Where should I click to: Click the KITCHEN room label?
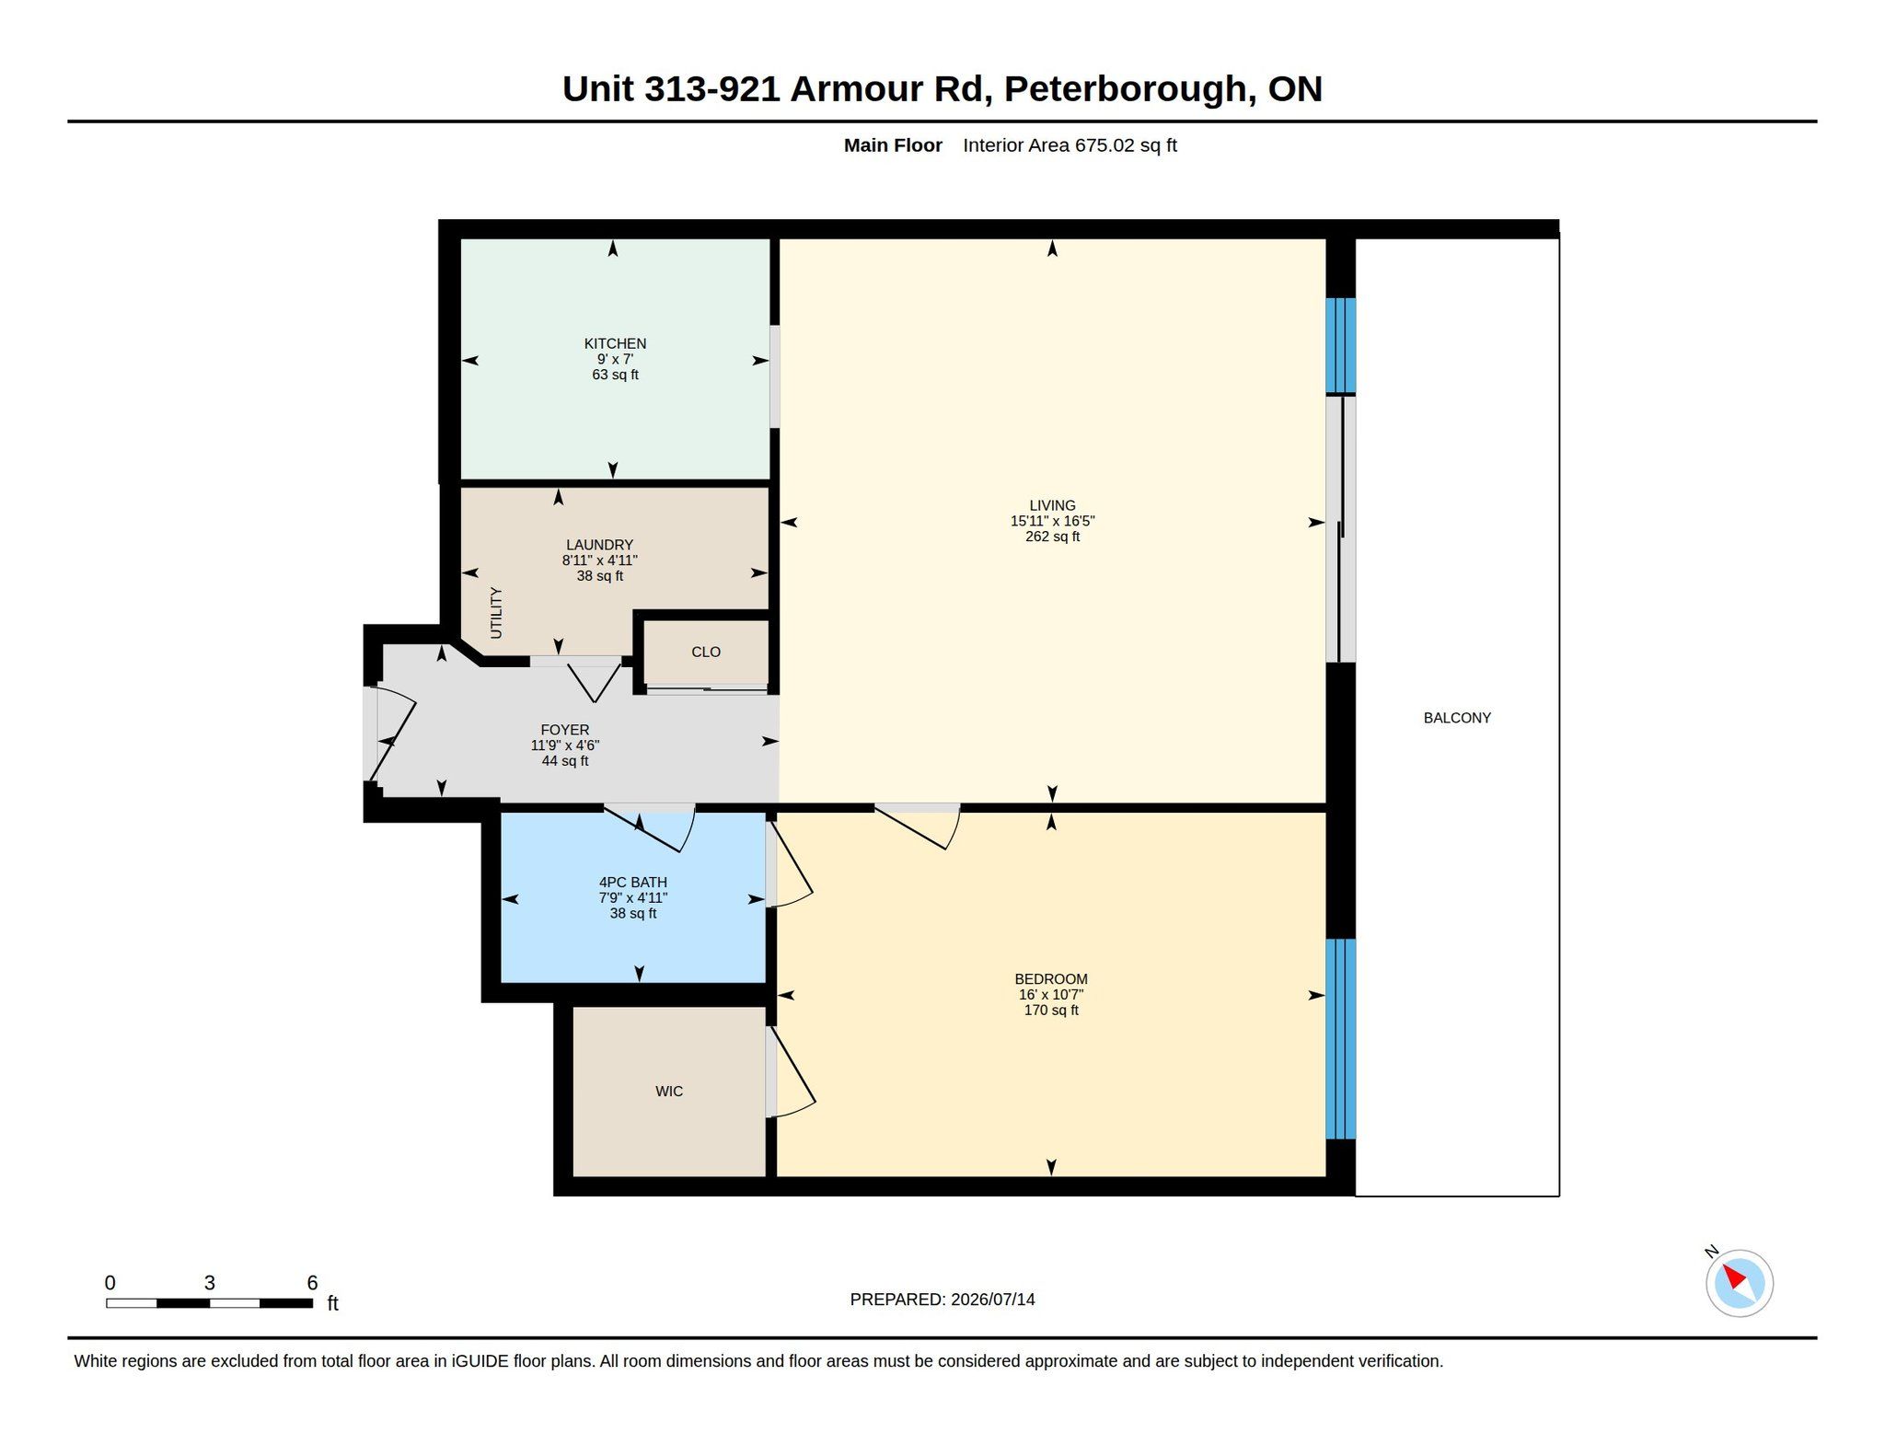(615, 343)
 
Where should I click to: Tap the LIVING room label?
(1052, 505)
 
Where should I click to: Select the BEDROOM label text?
(1051, 979)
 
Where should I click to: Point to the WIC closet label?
(669, 1092)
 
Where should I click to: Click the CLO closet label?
(706, 652)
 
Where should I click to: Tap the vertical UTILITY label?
(496, 613)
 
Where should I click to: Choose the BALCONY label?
(1457, 718)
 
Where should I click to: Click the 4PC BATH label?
(633, 883)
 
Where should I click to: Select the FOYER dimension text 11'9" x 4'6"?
(565, 745)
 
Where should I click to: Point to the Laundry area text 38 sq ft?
(600, 576)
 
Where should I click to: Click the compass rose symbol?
(1740, 1283)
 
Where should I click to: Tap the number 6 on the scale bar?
(312, 1283)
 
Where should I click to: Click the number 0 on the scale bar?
(110, 1283)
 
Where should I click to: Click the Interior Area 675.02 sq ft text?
(1070, 145)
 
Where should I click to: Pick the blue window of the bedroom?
(1341, 1039)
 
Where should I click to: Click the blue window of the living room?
(1341, 345)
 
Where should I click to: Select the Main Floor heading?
(893, 145)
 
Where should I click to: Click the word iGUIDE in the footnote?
(480, 1361)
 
